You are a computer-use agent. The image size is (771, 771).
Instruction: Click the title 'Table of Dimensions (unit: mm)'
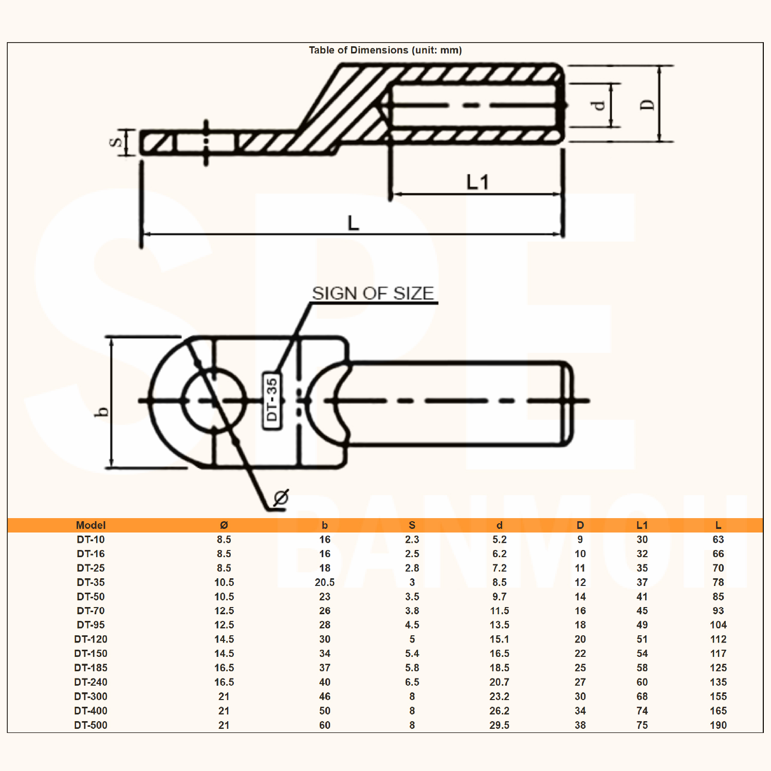click(x=385, y=50)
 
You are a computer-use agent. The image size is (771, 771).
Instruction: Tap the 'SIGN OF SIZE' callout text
click(x=373, y=293)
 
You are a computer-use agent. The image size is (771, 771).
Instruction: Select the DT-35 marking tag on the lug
click(x=272, y=400)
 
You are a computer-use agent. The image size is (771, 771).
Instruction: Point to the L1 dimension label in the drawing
click(x=477, y=182)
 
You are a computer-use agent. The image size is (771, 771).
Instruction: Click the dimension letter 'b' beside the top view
click(x=103, y=412)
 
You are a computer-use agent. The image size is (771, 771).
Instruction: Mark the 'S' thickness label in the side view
click(x=117, y=142)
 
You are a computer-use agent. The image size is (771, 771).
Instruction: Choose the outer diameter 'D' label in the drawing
click(x=648, y=104)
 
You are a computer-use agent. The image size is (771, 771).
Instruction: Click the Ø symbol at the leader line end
click(x=281, y=497)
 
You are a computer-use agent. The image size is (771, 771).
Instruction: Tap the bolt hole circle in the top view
click(x=214, y=400)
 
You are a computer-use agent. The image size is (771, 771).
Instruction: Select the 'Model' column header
click(x=90, y=525)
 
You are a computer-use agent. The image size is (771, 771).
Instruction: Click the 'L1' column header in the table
click(x=642, y=525)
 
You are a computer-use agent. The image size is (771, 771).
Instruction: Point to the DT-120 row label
click(x=90, y=639)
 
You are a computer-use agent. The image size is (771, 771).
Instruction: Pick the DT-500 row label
click(x=90, y=725)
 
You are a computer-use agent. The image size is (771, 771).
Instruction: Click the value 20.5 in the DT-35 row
click(x=324, y=582)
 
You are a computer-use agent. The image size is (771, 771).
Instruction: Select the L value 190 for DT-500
click(x=718, y=725)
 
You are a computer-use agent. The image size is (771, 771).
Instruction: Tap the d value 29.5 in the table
click(x=499, y=725)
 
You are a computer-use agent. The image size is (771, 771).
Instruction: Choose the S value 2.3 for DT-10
click(x=412, y=539)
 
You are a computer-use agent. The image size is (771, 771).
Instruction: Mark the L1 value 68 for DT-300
click(x=642, y=696)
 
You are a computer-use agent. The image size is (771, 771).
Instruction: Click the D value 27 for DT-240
click(x=580, y=682)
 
